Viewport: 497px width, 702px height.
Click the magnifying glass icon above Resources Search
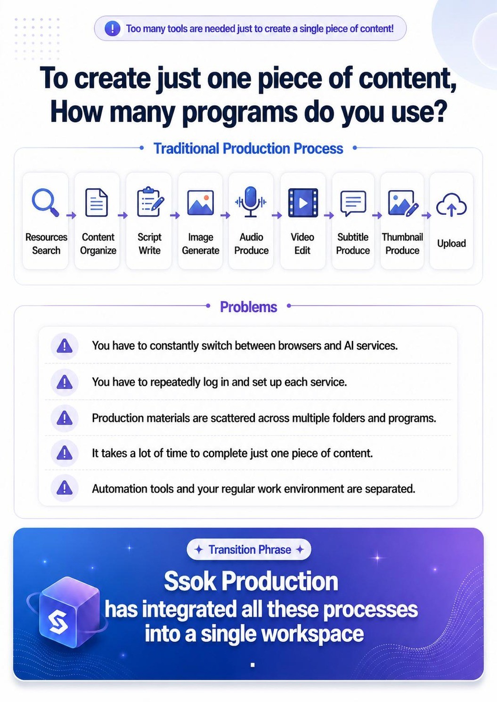[x=45, y=202]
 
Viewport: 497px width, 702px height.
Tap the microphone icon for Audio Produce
[x=251, y=202]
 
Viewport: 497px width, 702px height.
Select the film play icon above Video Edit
[x=302, y=202]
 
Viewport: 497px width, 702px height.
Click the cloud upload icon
[x=451, y=205]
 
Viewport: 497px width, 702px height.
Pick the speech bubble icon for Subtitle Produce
[x=353, y=203]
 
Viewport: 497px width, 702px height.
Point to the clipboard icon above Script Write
[x=150, y=202]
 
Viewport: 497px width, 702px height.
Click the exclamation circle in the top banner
[x=112, y=29]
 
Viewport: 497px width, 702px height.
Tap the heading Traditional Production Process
[x=248, y=148]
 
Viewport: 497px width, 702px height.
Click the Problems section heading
[x=248, y=307]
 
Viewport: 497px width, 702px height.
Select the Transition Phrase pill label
[x=249, y=549]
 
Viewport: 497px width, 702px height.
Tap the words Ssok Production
[x=251, y=581]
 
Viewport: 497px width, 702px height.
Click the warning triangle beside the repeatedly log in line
[x=64, y=382]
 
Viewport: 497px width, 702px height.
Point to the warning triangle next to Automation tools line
[x=64, y=488]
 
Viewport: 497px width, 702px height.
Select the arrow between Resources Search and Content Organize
[x=71, y=215]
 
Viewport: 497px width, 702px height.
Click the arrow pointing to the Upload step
[x=426, y=215]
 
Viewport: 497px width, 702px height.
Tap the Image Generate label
[x=200, y=243]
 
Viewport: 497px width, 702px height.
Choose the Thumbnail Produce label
[x=402, y=243]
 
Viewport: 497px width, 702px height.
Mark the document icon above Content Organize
[x=97, y=202]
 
